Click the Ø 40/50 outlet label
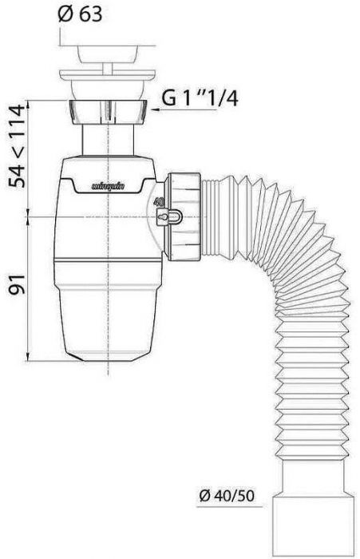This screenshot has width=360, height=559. pyautogui.click(x=226, y=496)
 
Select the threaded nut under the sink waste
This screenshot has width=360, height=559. pyautogui.click(x=109, y=114)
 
